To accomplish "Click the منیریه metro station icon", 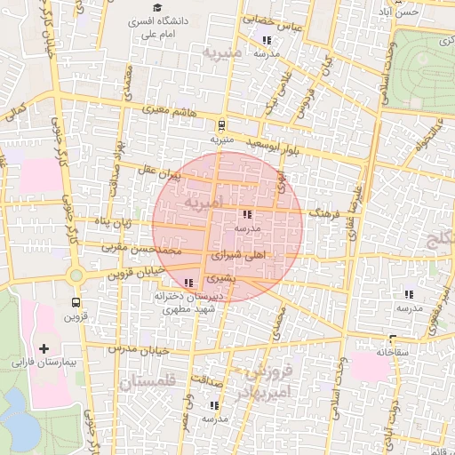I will pos(221,125).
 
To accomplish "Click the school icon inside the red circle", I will pos(246,214).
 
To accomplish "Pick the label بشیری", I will pos(223,277).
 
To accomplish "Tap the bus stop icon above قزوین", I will pos(76,300).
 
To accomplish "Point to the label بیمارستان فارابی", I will pos(42,363).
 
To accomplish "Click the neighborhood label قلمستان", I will pos(147,381).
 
